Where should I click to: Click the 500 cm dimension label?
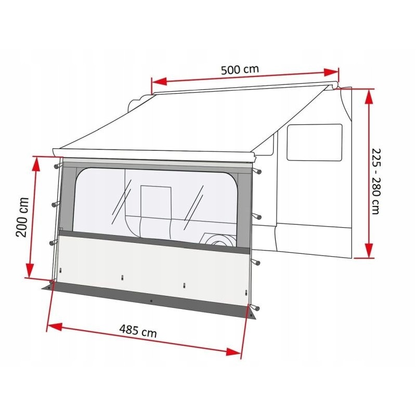pos(240,70)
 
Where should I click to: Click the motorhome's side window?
pos(314,141)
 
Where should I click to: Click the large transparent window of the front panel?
pos(156,203)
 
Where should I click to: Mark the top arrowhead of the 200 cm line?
pos(36,160)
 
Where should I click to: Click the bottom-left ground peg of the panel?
pos(51,284)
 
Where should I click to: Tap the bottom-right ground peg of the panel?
pos(253,311)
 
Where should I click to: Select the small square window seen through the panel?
pos(156,200)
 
